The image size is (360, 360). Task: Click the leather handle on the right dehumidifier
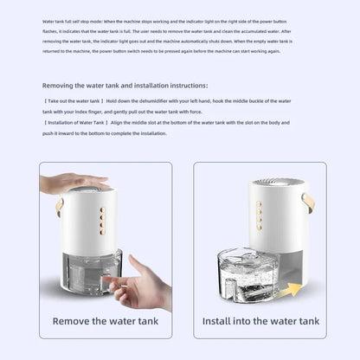click(x=308, y=203)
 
